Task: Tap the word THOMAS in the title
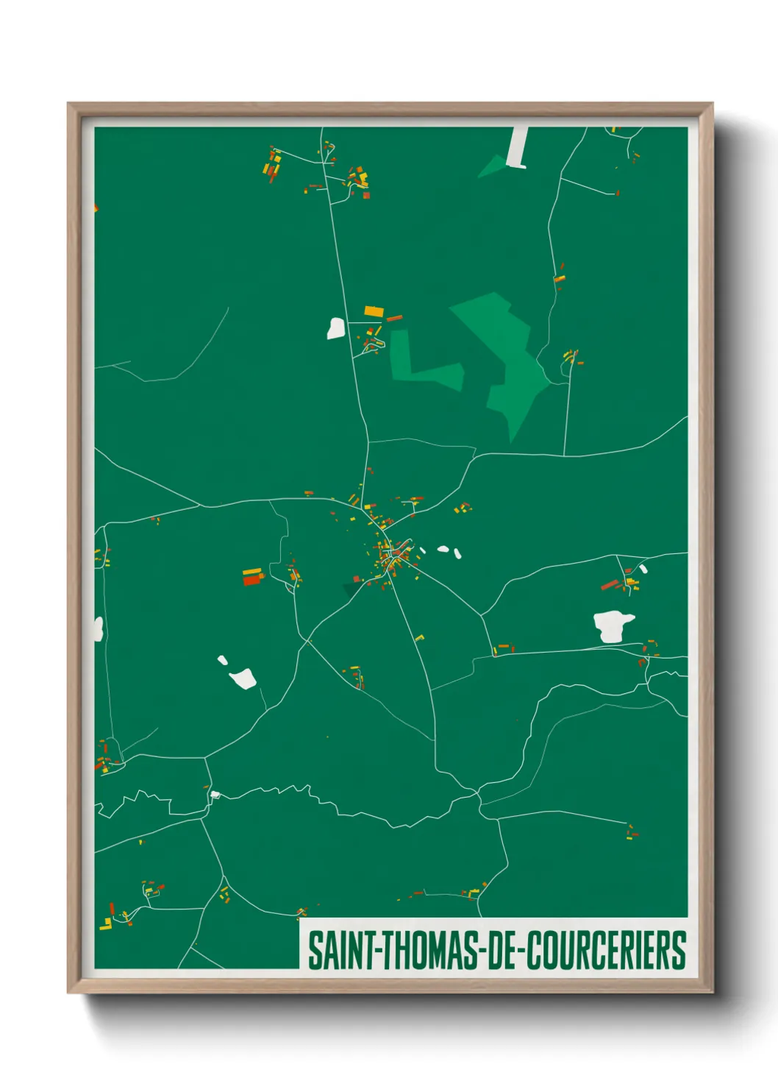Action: tap(427, 950)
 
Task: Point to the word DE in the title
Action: tap(502, 950)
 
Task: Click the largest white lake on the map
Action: tap(613, 626)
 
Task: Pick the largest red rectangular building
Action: tap(252, 580)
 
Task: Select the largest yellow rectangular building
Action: tap(374, 311)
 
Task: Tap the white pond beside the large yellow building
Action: tap(336, 328)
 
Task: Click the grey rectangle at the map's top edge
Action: tap(518, 147)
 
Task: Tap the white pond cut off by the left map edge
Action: tap(98, 629)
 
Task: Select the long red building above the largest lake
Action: tap(610, 585)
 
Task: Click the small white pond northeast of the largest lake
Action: tap(643, 569)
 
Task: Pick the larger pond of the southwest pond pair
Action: tap(243, 678)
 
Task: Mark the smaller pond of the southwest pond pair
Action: tap(222, 660)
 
